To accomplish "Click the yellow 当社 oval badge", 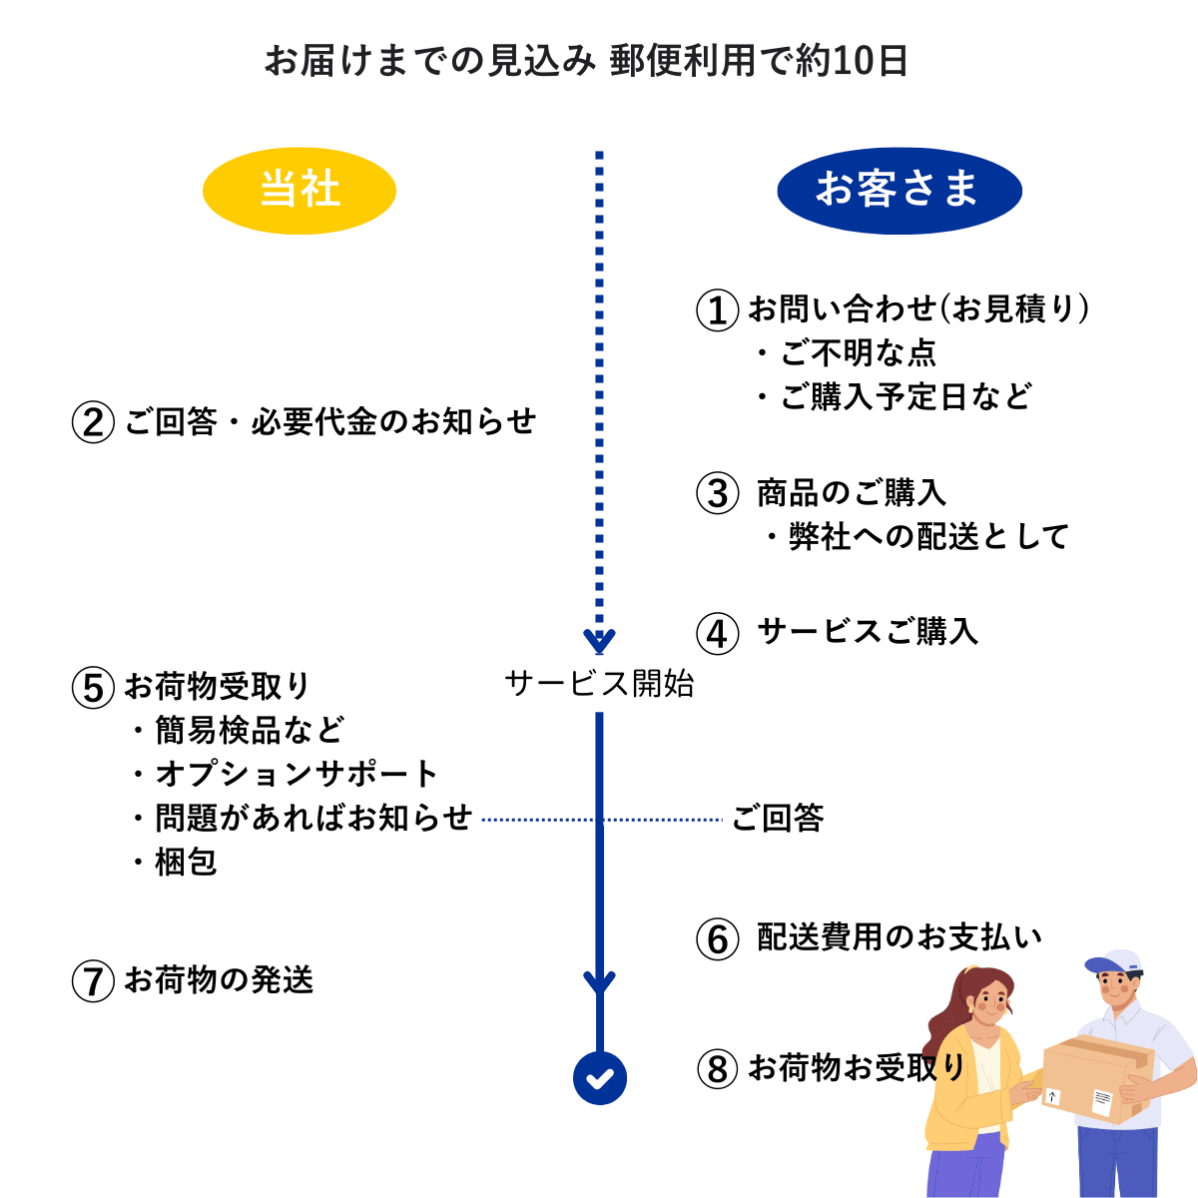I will tap(299, 191).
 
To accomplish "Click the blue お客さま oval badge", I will tap(898, 191).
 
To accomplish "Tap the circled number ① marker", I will tap(717, 310).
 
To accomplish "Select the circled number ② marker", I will tap(93, 422).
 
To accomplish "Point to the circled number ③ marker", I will tap(717, 493).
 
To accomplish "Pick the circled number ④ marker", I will tap(717, 633).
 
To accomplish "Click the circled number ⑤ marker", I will tap(93, 688).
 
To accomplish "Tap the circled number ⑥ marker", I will tap(717, 938).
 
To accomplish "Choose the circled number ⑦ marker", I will tap(93, 981).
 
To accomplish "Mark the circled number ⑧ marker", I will tap(717, 1069).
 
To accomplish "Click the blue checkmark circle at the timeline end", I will tap(600, 1078).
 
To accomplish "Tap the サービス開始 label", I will tap(599, 684).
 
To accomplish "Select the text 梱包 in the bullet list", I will tap(186, 862).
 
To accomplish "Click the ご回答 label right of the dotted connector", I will tap(778, 819).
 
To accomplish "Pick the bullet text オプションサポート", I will tap(297, 774).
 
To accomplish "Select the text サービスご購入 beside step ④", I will tap(868, 632).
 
